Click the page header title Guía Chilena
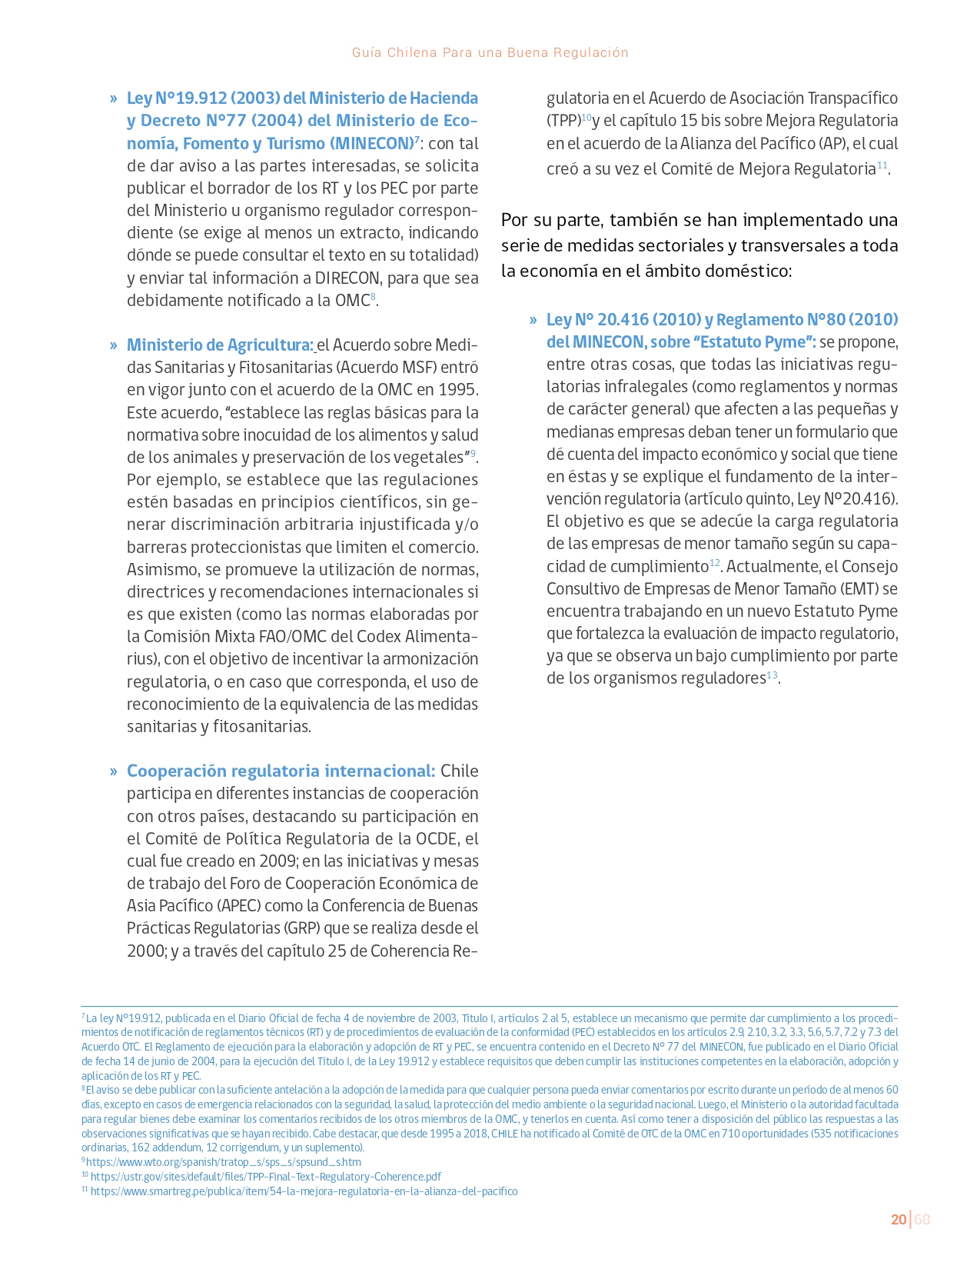tap(490, 52)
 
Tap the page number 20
tap(898, 1220)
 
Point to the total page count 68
tap(922, 1220)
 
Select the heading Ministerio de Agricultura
tap(219, 345)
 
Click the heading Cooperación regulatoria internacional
tap(281, 771)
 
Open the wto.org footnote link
tap(223, 1162)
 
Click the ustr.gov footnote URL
tap(265, 1177)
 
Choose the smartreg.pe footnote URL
tap(304, 1191)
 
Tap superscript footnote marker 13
tap(772, 675)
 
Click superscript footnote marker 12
tap(714, 564)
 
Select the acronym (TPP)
tap(563, 121)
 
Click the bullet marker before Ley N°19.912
tap(113, 98)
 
